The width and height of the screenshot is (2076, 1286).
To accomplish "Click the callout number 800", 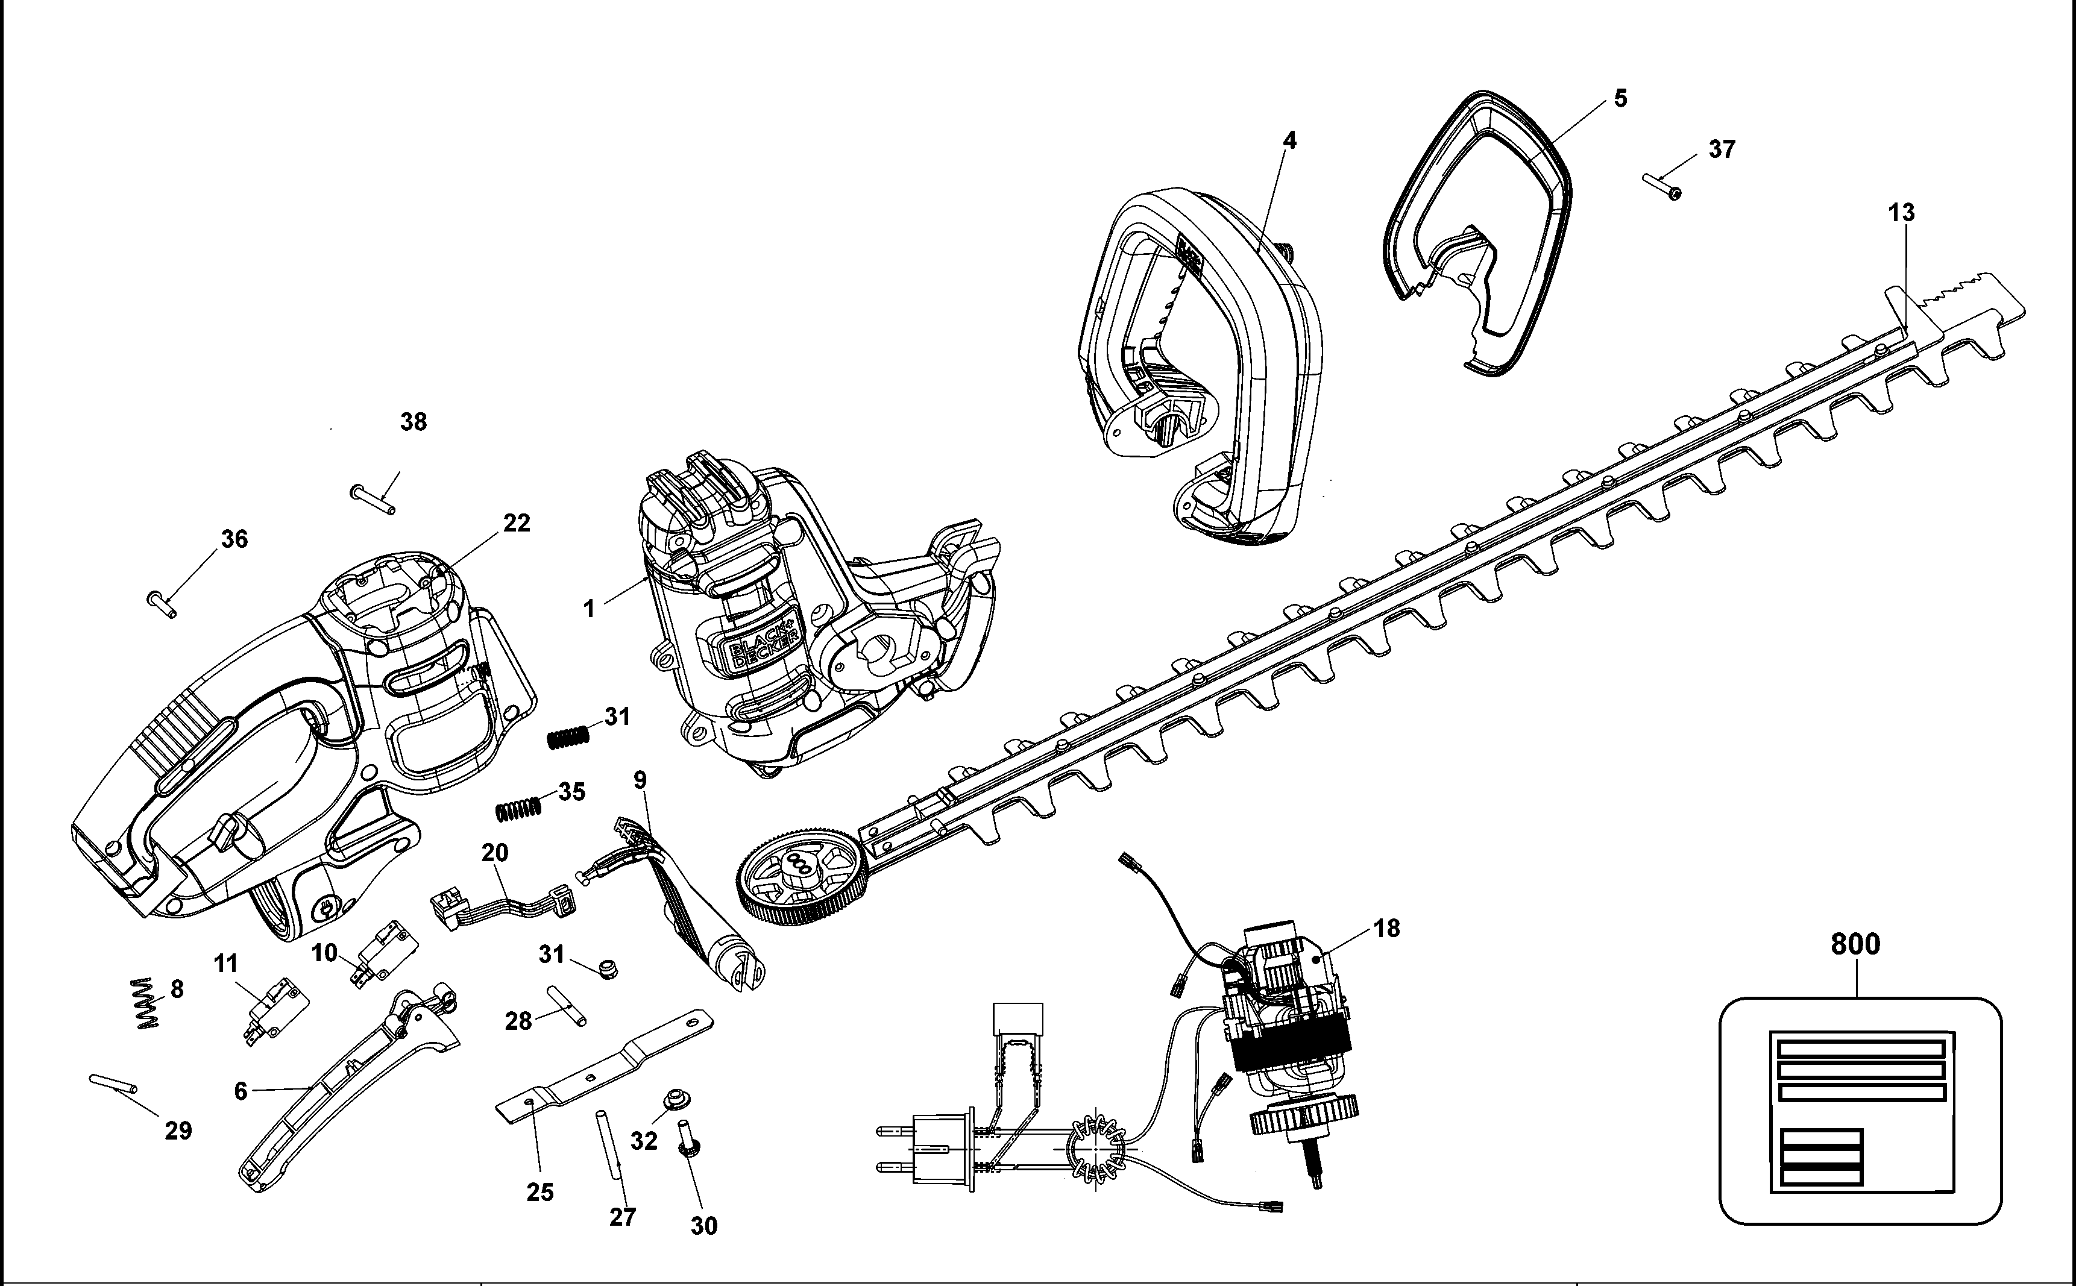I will [1855, 944].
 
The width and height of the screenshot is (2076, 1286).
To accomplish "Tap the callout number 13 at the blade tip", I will [1902, 213].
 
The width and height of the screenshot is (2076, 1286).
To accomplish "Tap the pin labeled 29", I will [112, 1084].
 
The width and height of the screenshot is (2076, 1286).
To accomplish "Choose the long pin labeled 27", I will [609, 1142].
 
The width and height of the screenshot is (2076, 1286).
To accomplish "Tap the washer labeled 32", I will [674, 1098].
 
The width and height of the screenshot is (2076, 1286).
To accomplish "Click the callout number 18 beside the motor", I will [1386, 928].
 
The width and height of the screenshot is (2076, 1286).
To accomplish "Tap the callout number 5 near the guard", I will [1620, 99].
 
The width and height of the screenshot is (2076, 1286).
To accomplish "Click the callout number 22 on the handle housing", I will [517, 523].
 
